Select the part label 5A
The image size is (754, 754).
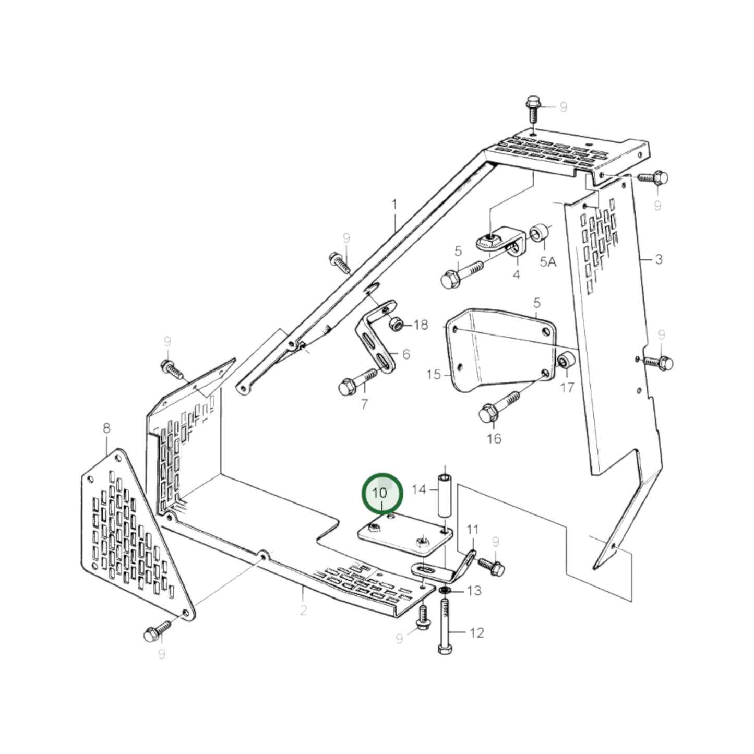548,261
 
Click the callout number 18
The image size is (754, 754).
421,325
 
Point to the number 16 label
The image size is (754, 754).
494,438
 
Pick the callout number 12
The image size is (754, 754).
477,633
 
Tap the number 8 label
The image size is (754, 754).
106,428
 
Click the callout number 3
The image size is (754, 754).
659,259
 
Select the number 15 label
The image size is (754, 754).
434,374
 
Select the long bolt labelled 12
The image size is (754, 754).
444,626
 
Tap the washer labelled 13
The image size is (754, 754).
445,590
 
